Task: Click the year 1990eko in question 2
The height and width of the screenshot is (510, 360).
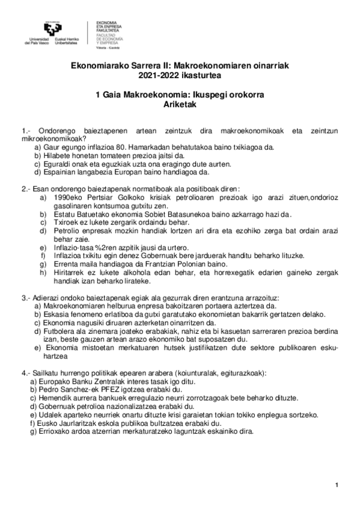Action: [68, 197]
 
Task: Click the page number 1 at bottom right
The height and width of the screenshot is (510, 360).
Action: [337, 485]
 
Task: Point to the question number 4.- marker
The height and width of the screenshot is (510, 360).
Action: [25, 373]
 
